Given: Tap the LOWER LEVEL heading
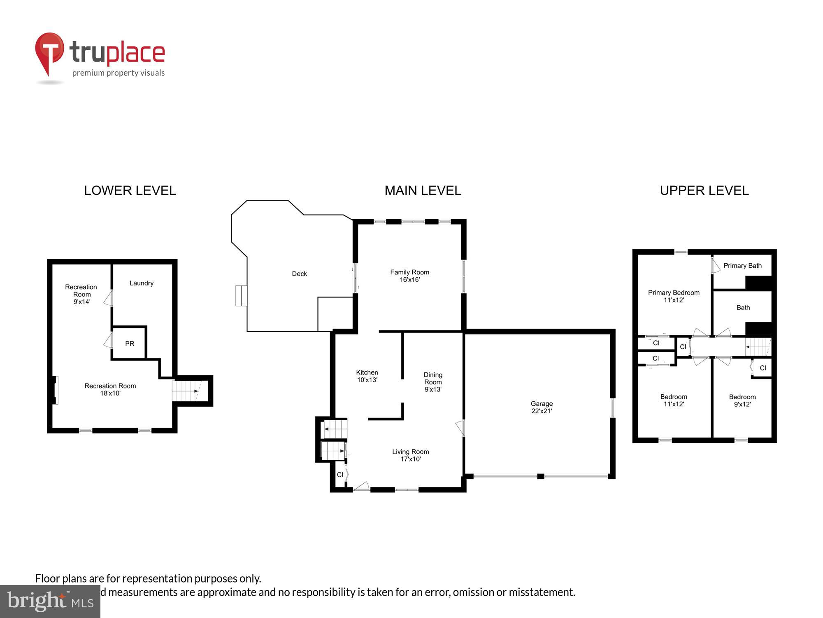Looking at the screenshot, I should (130, 190).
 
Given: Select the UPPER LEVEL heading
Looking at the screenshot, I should (704, 190).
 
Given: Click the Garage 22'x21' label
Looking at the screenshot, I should (541, 407).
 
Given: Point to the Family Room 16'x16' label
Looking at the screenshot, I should (409, 276).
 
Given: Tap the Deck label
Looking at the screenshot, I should (299, 274).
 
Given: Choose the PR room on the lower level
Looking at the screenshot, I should (129, 343).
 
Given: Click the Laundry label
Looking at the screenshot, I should (141, 283).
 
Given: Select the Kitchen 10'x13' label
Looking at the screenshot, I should (367, 376).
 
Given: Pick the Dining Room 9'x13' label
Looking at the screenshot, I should (433, 382).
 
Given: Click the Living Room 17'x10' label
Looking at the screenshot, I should (410, 455).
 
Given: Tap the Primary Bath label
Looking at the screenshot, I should (742, 266).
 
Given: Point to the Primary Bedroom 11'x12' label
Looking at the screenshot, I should (673, 296).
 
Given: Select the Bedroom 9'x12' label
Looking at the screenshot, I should (742, 400).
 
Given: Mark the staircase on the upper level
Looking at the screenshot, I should (758, 347).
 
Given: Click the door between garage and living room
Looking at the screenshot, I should (461, 428).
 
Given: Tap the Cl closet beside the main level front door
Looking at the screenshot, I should (340, 475).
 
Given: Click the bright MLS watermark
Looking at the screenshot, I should (50, 601).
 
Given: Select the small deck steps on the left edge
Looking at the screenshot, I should (241, 296).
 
